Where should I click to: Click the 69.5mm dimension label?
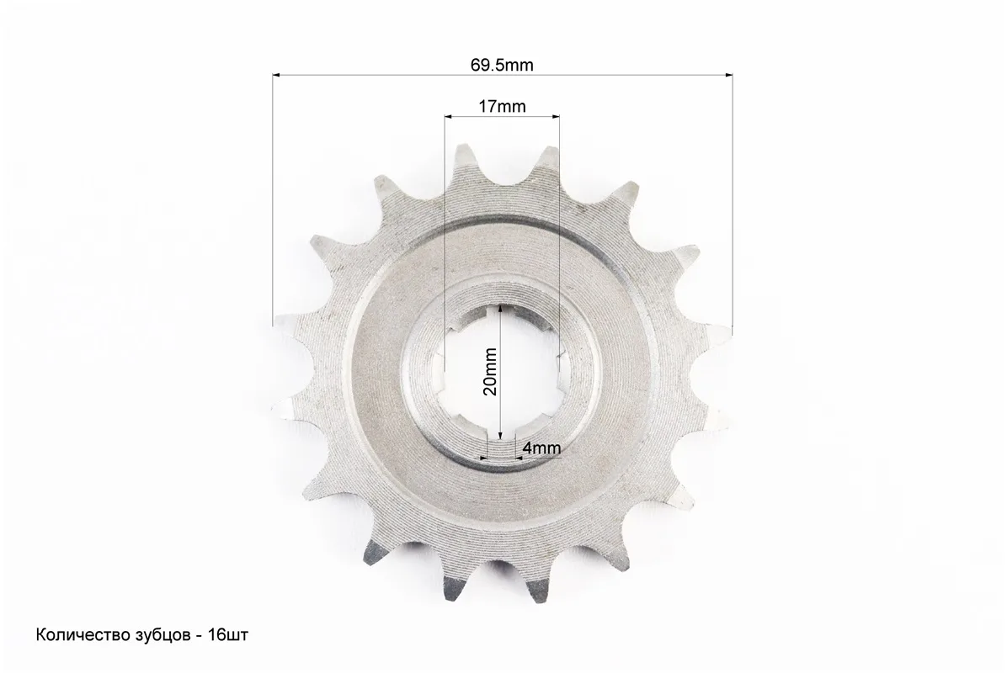[x=502, y=65]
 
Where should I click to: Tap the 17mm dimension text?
[x=502, y=106]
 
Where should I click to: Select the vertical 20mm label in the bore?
[x=490, y=372]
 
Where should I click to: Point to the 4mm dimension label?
[x=542, y=448]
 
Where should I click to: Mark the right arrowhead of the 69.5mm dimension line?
[x=728, y=75]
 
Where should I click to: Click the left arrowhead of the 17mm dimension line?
[x=449, y=116]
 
